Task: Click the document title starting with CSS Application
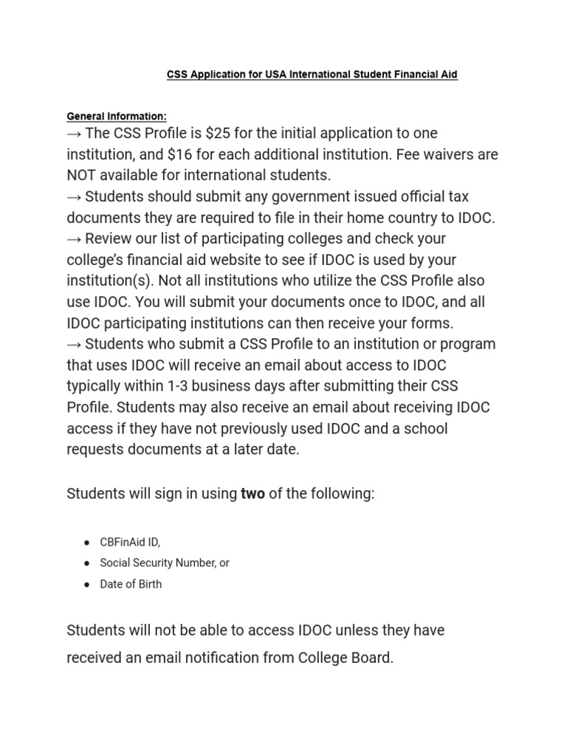click(x=312, y=75)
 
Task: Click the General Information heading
click(x=117, y=117)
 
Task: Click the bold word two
click(x=252, y=494)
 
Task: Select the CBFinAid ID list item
click(x=130, y=542)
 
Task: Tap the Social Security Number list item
click(x=164, y=563)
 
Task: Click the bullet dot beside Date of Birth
click(x=86, y=584)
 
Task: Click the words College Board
click(x=347, y=658)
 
